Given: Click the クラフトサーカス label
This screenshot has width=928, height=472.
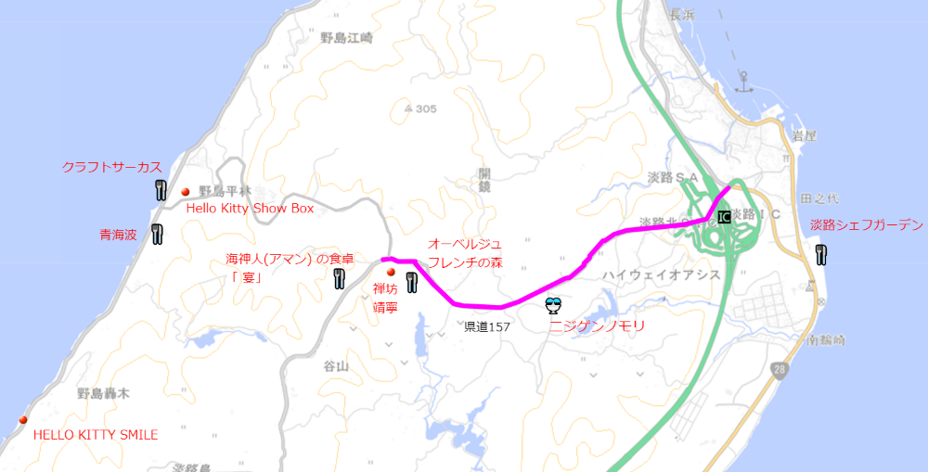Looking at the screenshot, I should click(x=111, y=167).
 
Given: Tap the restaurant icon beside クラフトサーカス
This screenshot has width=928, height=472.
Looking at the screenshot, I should click(x=160, y=191).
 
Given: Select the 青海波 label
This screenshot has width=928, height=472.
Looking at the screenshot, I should click(x=118, y=236).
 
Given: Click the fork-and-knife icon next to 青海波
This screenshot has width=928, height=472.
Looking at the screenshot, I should click(x=157, y=234).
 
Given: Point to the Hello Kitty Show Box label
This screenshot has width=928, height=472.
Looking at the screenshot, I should click(x=251, y=209).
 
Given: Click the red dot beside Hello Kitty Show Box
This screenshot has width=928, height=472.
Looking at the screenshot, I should click(x=186, y=191).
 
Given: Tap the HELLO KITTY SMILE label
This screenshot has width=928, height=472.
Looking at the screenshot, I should click(x=96, y=434).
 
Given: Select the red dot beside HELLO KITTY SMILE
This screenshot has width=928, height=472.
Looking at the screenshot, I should click(x=23, y=420).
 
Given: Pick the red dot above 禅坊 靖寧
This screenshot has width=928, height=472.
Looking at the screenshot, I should click(x=391, y=273).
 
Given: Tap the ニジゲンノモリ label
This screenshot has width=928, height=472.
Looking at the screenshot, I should click(x=597, y=326).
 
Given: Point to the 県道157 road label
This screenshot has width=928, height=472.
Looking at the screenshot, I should click(x=487, y=326).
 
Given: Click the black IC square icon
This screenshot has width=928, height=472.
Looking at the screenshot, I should click(x=724, y=217).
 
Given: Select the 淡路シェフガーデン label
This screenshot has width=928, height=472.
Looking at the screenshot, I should click(x=867, y=224).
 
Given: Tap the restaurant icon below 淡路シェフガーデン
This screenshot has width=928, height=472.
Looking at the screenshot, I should click(x=821, y=253).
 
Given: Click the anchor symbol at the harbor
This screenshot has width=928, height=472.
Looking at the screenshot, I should click(x=742, y=81).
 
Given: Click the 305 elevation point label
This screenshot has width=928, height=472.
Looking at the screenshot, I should click(x=420, y=108).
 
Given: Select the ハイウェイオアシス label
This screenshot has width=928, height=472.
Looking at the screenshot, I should click(x=662, y=274).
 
